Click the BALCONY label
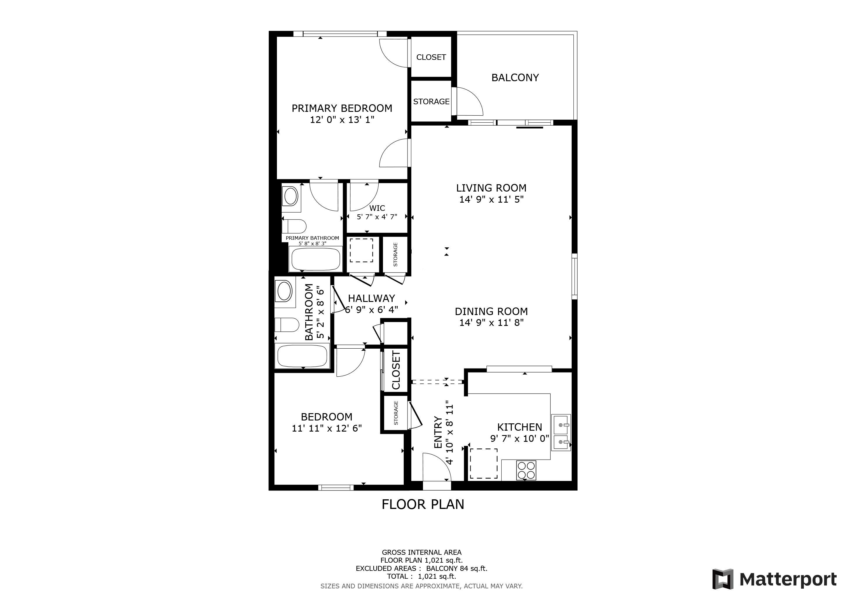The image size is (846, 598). (515, 78)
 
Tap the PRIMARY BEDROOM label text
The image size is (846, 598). (342, 108)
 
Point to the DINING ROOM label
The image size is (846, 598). (491, 312)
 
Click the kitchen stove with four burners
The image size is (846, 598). (526, 471)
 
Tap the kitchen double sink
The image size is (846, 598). (561, 432)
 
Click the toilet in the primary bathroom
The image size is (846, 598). (294, 226)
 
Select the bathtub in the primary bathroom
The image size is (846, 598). (316, 259)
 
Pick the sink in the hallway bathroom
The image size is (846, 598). (285, 291)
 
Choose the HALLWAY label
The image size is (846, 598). (371, 298)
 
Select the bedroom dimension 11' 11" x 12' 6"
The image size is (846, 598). (327, 428)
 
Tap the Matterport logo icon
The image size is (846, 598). (723, 579)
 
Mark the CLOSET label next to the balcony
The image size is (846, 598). (431, 57)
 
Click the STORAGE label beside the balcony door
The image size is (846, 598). (431, 102)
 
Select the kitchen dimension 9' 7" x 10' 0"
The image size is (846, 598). (519, 439)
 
